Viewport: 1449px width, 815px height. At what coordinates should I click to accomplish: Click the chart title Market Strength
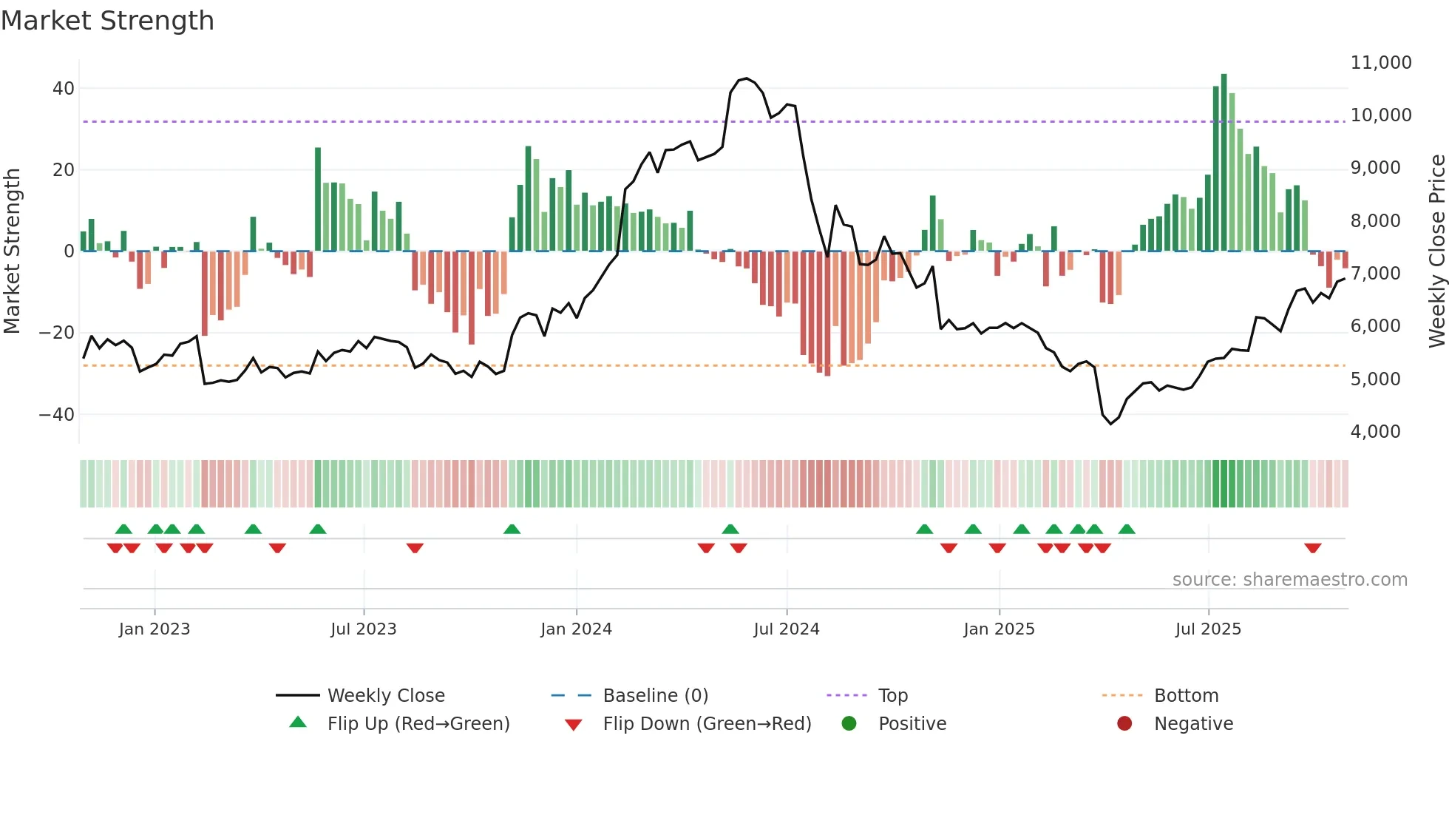107,21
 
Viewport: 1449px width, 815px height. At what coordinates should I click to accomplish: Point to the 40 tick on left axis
64,89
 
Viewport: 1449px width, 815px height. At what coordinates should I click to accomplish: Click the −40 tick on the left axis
57,414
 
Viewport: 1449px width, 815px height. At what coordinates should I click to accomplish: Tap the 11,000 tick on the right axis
1380,63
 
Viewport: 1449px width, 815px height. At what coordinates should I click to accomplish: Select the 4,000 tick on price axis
1375,432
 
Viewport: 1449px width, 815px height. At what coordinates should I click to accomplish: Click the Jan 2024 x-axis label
576,629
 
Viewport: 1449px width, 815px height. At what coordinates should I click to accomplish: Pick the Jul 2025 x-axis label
1208,629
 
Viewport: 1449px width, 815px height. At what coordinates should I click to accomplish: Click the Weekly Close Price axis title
1436,251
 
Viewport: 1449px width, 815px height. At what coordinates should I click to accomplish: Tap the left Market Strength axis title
12,251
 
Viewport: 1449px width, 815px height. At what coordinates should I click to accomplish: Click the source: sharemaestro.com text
1289,580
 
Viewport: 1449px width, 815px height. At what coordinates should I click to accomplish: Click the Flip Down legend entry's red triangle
573,725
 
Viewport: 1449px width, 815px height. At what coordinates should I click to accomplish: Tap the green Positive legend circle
849,724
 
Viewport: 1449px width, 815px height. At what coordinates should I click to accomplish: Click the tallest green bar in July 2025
1224,163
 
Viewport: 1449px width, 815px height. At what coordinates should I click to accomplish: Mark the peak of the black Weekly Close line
746,78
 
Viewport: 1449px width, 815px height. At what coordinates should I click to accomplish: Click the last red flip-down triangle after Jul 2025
1312,548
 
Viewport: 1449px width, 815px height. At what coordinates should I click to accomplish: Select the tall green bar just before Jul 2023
318,200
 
